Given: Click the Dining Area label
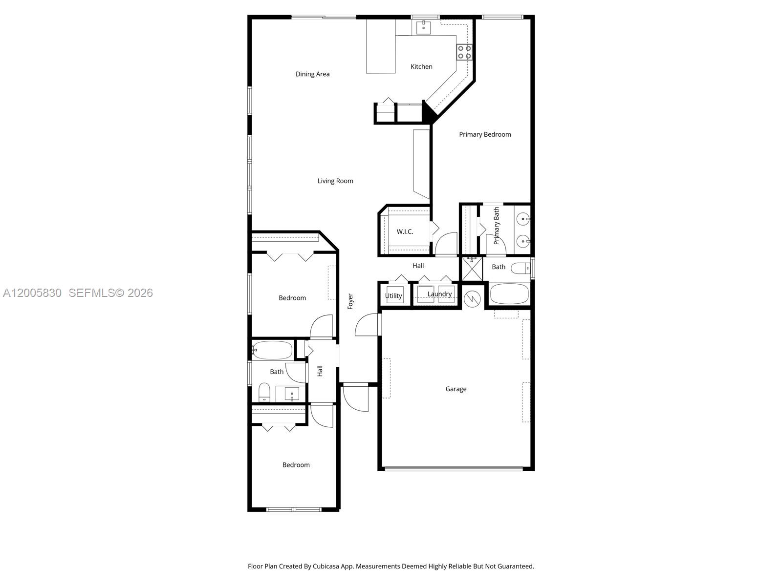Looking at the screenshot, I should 312,74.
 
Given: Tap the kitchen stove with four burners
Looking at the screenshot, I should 464,52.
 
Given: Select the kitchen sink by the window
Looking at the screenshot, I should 423,27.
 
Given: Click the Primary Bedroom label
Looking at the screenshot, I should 485,134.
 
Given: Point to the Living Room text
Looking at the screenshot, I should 335,181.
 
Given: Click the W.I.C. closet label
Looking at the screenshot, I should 405,231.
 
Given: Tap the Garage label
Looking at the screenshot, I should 456,389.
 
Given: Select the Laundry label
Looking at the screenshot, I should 439,294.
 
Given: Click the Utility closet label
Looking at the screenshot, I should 393,296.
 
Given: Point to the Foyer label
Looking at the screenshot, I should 350,301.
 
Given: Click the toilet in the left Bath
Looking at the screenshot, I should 264,392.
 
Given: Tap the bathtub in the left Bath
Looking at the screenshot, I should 273,350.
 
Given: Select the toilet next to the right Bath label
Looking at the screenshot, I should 521,268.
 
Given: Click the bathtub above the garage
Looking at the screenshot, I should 509,294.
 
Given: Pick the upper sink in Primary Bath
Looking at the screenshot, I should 522,219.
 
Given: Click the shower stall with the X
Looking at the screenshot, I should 472,269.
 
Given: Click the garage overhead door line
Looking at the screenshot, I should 454,469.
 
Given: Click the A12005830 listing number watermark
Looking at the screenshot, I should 32,293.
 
